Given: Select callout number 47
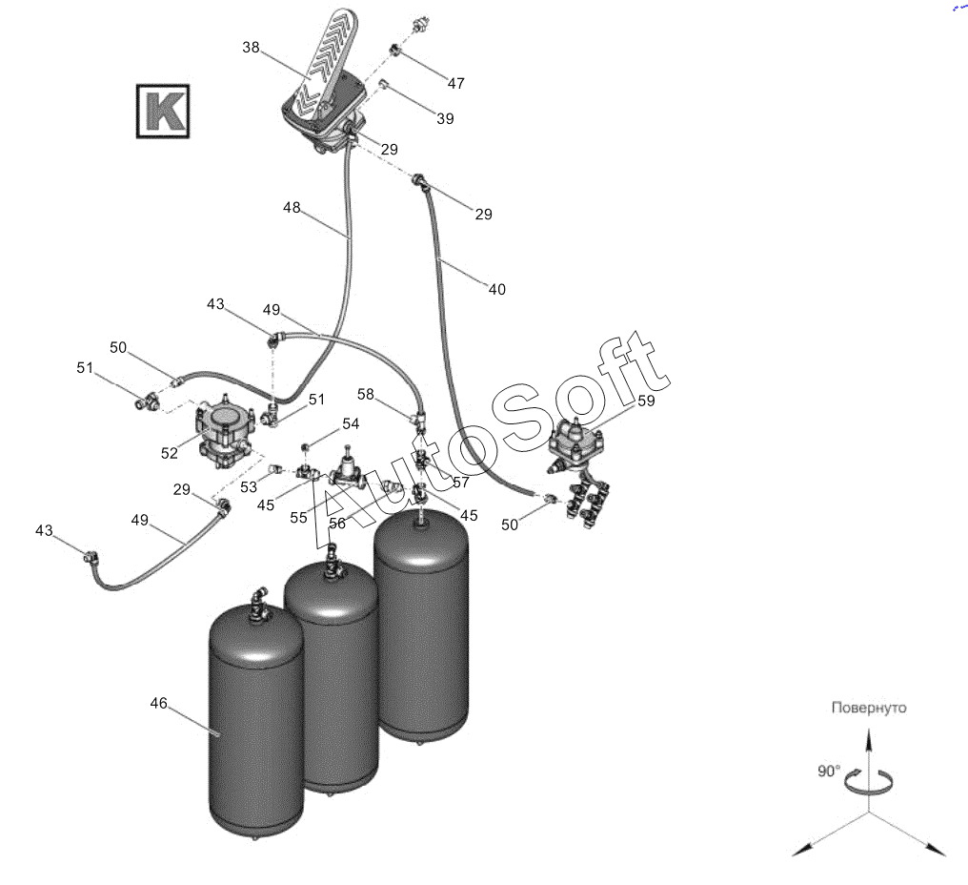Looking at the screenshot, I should pyautogui.click(x=455, y=83).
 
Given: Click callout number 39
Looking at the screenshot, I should pyautogui.click(x=445, y=118).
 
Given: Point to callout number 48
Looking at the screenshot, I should pyautogui.click(x=292, y=207).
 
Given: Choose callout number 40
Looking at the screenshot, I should pyautogui.click(x=496, y=289).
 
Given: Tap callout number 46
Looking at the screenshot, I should pyautogui.click(x=158, y=703).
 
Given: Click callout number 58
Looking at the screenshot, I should pyautogui.click(x=367, y=394).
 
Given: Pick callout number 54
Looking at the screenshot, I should pyautogui.click(x=351, y=423).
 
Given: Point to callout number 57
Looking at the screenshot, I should pyautogui.click(x=461, y=483).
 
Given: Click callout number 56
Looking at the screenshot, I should pyautogui.click(x=337, y=524).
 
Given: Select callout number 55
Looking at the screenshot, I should pyautogui.click(x=299, y=517).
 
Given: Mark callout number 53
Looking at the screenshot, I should pyautogui.click(x=249, y=487).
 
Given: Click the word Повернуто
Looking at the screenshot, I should pyautogui.click(x=868, y=708).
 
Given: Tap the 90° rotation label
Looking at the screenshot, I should pyautogui.click(x=828, y=771).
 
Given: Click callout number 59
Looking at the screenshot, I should pyautogui.click(x=646, y=401).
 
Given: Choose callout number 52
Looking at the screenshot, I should pyautogui.click(x=170, y=453).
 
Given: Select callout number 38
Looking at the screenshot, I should pyautogui.click(x=251, y=46).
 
